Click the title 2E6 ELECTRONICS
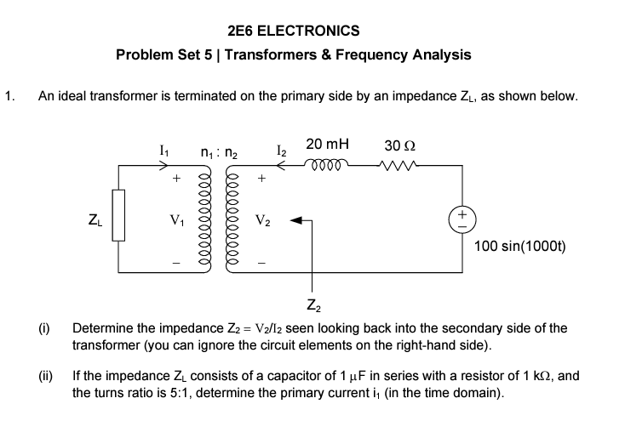(x=294, y=31)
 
